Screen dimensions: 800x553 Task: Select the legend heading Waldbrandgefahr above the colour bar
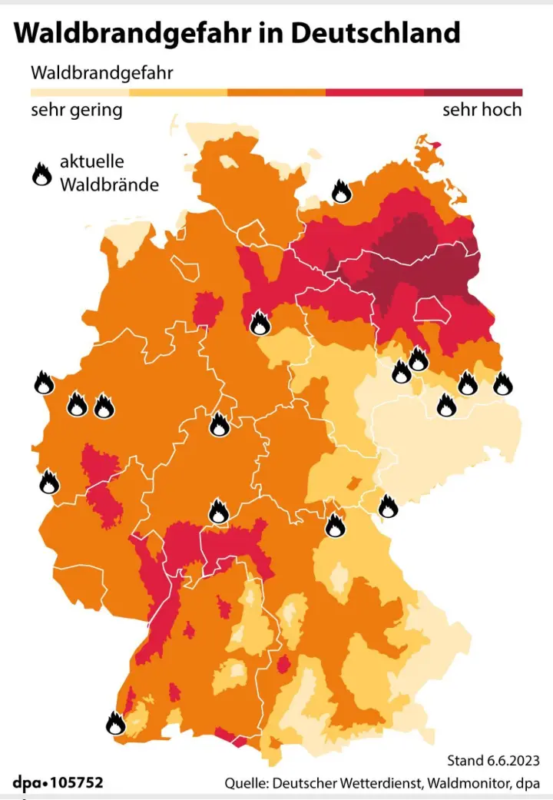click(x=101, y=73)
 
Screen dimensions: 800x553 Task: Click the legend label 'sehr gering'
click(x=76, y=110)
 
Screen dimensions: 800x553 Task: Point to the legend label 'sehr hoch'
click(x=482, y=110)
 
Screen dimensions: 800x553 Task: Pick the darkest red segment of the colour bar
click(x=473, y=92)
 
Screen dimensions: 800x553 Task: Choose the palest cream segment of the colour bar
click(x=80, y=92)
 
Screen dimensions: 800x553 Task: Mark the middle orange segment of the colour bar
click(x=276, y=92)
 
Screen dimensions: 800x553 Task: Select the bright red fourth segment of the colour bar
click(x=375, y=92)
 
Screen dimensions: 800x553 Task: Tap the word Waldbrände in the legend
click(x=109, y=184)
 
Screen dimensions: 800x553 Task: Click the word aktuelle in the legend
click(x=91, y=163)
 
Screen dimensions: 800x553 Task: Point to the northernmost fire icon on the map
click(x=340, y=190)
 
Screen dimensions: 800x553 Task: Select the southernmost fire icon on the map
click(x=115, y=723)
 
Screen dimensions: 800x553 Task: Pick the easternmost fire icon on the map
click(x=502, y=383)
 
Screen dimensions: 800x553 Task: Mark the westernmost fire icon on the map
click(x=44, y=382)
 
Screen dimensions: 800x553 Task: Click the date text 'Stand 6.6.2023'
click(x=493, y=760)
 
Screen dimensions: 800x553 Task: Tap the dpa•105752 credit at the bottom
click(x=58, y=783)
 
